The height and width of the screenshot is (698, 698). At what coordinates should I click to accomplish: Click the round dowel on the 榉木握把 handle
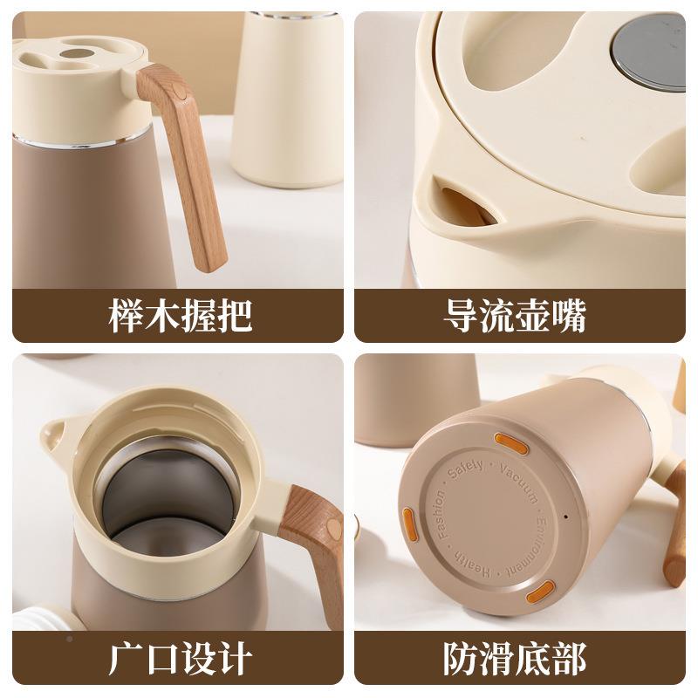[x=178, y=90]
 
